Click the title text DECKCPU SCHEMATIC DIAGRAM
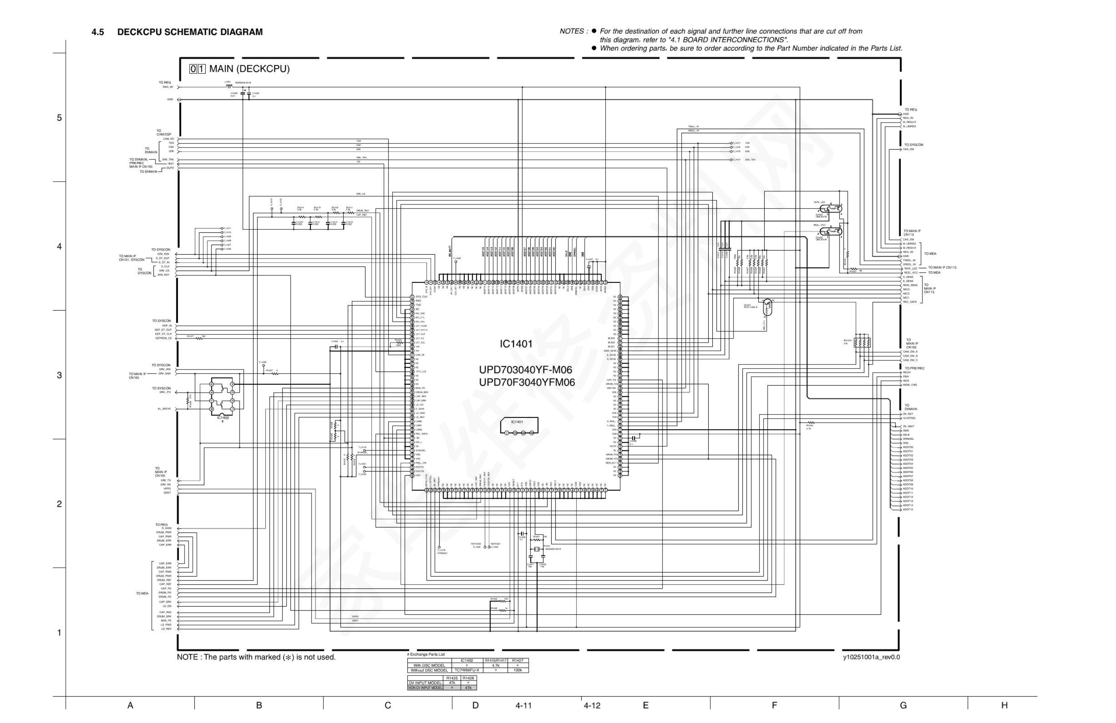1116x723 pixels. click(190, 32)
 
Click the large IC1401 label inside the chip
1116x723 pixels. click(516, 344)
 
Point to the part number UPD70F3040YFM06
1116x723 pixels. click(526, 382)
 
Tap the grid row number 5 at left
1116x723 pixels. click(59, 118)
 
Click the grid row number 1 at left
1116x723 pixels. click(59, 633)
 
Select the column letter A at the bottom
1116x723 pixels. click(130, 705)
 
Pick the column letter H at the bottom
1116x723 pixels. click(1004, 705)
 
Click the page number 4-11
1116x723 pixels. click(523, 706)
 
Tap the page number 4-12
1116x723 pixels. click(592, 706)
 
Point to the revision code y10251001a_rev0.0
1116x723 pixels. click(871, 657)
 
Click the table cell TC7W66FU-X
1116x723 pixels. click(467, 670)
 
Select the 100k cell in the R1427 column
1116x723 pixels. click(518, 670)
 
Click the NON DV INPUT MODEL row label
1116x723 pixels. click(425, 687)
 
